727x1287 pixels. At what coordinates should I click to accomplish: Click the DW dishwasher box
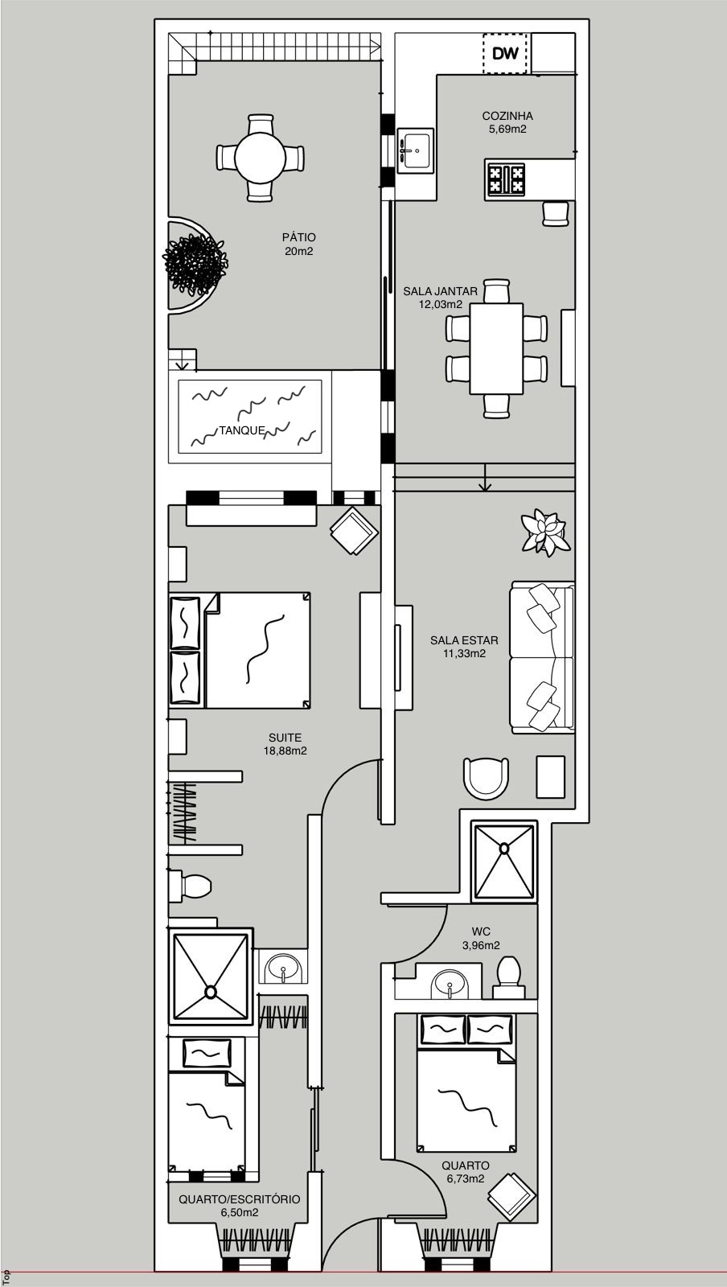(505, 53)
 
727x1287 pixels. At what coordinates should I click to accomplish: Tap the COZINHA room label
(507, 116)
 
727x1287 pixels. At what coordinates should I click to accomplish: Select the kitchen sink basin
(415, 150)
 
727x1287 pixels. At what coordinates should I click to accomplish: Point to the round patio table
(261, 158)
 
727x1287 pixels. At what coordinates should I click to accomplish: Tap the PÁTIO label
(298, 237)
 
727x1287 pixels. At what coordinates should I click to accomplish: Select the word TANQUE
(242, 430)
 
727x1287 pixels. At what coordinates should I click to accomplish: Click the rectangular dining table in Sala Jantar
(497, 349)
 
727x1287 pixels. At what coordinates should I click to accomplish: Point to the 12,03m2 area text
(441, 305)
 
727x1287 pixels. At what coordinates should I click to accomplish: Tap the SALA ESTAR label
(464, 640)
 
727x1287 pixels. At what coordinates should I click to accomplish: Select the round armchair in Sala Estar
(487, 777)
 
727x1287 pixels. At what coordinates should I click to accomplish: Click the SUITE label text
(285, 738)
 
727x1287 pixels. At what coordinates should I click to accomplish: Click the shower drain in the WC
(504, 848)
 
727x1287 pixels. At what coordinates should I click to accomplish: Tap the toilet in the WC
(509, 977)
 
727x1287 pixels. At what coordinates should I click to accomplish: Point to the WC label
(481, 931)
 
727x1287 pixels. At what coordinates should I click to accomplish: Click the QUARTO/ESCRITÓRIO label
(240, 1199)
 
